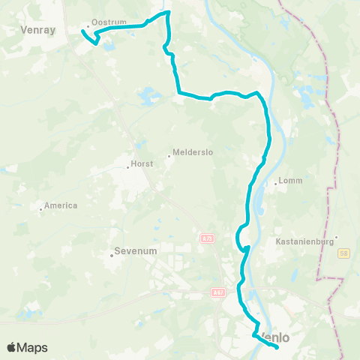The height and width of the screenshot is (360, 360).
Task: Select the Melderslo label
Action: [193, 152]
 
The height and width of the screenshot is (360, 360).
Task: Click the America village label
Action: [61, 205]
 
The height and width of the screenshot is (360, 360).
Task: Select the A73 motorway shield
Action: [207, 238]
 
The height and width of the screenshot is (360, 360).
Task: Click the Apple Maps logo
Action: [27, 347]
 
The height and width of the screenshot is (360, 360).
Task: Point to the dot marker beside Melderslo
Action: [169, 156]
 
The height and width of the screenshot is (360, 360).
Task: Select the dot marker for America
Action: [40, 209]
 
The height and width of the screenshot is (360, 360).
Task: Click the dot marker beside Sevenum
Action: [112, 255]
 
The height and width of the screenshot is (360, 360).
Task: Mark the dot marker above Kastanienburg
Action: [337, 237]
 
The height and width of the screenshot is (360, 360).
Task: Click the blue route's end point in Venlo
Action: [277, 347]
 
